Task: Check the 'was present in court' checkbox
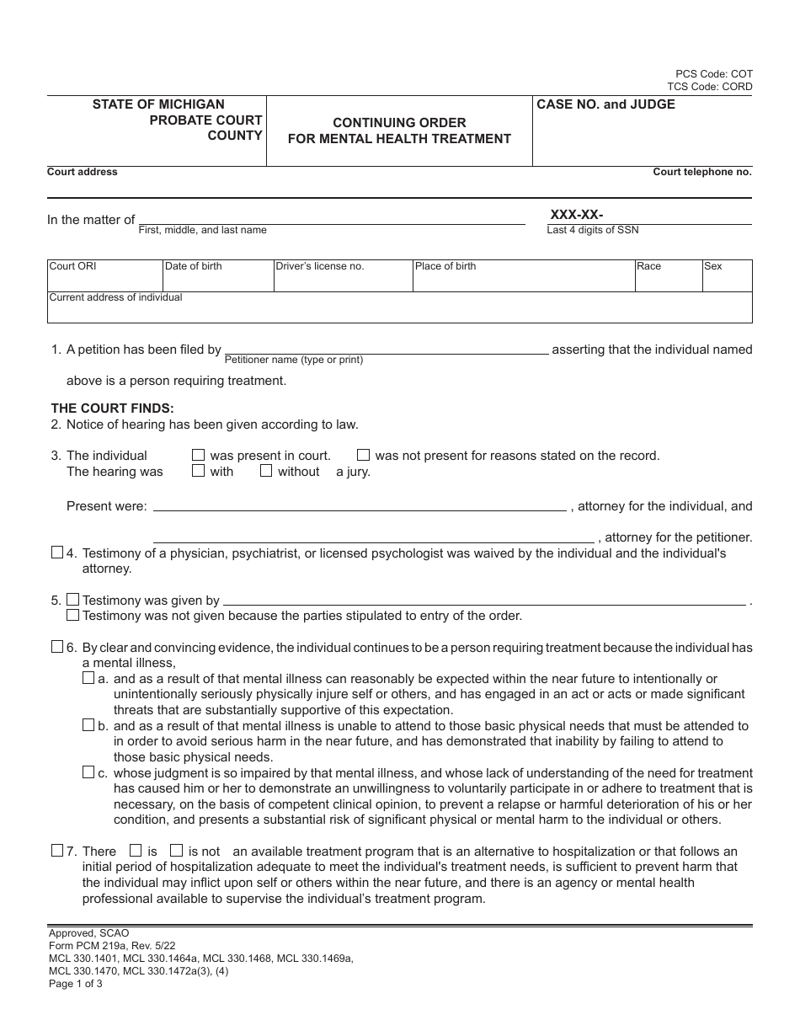point(199,455)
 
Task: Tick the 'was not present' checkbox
point(364,455)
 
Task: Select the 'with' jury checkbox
point(199,471)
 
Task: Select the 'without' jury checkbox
point(266,471)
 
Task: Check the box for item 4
point(57,553)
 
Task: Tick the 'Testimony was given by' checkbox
point(73,600)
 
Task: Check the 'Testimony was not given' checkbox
point(73,615)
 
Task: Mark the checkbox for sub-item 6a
point(88,678)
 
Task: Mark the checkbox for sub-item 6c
point(88,772)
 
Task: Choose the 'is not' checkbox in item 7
point(177,851)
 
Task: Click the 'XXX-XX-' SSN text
point(577,214)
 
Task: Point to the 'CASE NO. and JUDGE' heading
point(606,104)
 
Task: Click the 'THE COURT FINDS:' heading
point(113,409)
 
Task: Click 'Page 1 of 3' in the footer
point(76,983)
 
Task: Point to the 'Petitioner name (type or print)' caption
point(294,360)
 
